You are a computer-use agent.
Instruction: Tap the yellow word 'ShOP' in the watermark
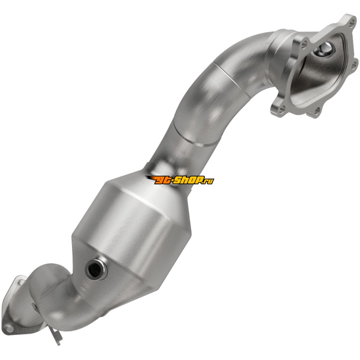(187, 180)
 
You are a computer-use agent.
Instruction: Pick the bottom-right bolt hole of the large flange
(317, 112)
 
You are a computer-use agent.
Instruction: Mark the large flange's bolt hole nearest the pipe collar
(305, 44)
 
